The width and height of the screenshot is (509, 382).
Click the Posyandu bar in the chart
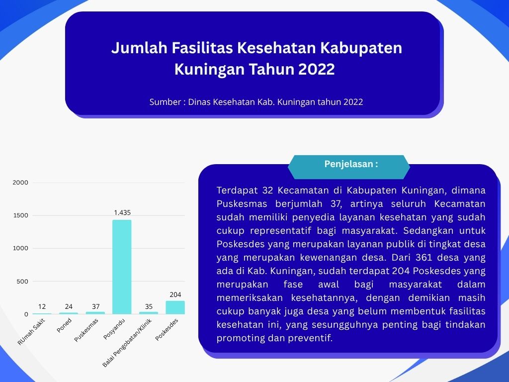click(122, 267)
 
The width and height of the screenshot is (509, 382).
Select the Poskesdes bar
click(175, 307)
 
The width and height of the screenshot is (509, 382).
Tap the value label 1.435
click(122, 212)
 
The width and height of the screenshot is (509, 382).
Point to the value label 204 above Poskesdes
click(175, 294)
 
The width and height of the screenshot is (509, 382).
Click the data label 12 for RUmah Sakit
click(42, 306)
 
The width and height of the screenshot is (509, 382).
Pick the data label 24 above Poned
click(69, 306)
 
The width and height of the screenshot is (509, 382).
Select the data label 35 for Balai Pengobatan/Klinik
click(149, 306)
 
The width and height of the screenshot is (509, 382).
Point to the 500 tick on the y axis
click(22, 282)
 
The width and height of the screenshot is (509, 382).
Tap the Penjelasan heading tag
click(351, 164)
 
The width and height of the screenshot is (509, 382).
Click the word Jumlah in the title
click(139, 48)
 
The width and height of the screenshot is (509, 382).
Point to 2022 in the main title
click(316, 69)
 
